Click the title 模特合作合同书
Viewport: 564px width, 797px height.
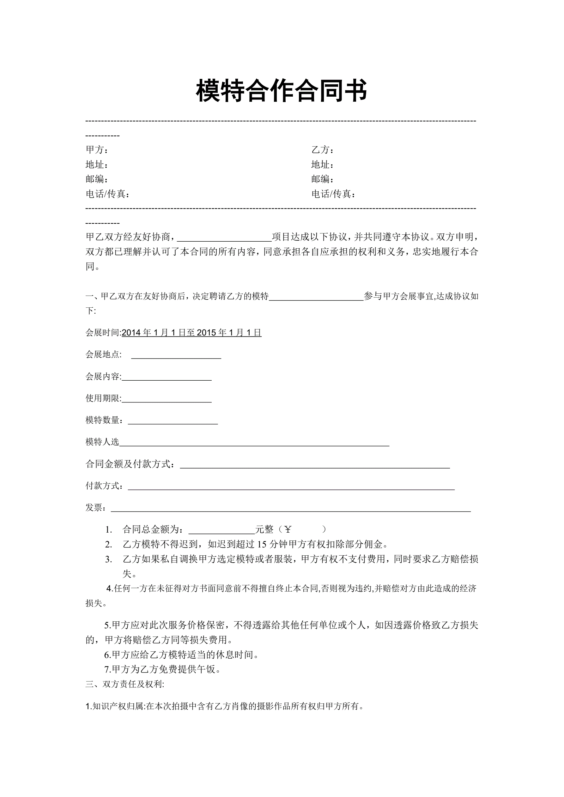(x=282, y=91)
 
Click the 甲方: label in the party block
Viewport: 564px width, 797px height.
(x=97, y=150)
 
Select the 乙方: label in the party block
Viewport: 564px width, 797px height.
(x=323, y=150)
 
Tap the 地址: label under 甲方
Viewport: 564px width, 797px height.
(x=97, y=165)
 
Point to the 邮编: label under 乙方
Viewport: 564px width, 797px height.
(x=323, y=179)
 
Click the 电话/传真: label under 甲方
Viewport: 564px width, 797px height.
(x=108, y=194)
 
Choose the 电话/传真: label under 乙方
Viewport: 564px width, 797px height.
(x=334, y=194)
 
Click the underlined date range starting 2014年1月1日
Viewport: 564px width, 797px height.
(x=191, y=333)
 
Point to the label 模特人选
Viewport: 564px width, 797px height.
(x=102, y=442)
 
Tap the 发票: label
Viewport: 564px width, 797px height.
(x=95, y=508)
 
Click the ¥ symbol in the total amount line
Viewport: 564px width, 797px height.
(x=288, y=529)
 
